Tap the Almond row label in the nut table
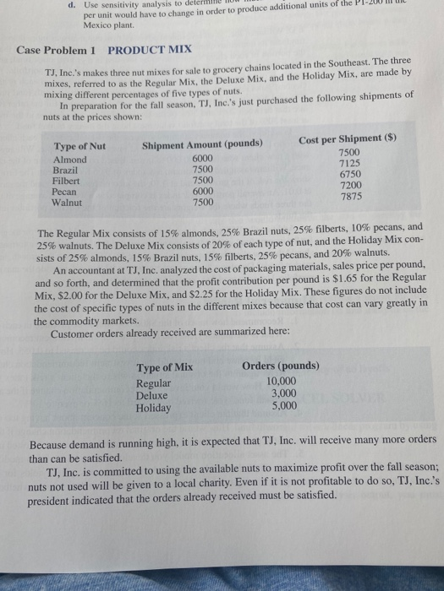pos(70,160)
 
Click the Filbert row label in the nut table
pos(69,180)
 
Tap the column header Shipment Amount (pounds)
pos(202,143)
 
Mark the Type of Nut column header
pos(79,146)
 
